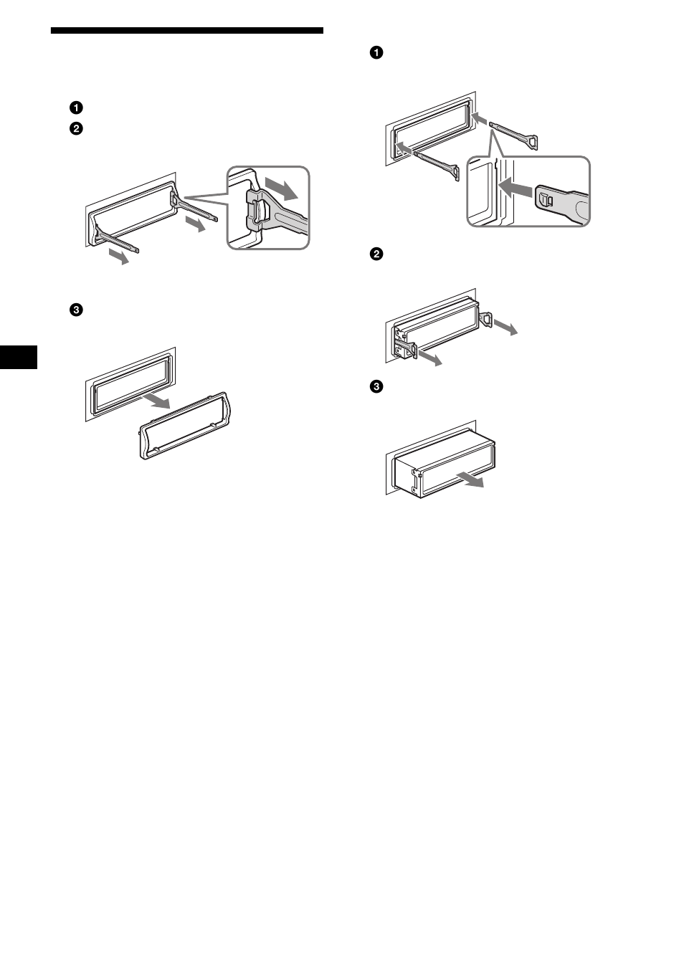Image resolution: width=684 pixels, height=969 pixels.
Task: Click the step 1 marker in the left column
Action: [x=75, y=108]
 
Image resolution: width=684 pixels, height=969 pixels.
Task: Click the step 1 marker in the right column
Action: [x=376, y=52]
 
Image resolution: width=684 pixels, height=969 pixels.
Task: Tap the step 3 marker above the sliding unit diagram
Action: [x=376, y=387]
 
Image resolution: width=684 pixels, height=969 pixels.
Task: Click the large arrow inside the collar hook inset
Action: [x=280, y=188]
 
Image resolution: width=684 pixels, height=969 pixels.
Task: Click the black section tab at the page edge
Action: [x=18, y=355]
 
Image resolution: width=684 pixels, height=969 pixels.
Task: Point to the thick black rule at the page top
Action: [x=186, y=31]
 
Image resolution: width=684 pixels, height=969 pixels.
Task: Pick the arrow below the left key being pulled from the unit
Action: [x=429, y=358]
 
